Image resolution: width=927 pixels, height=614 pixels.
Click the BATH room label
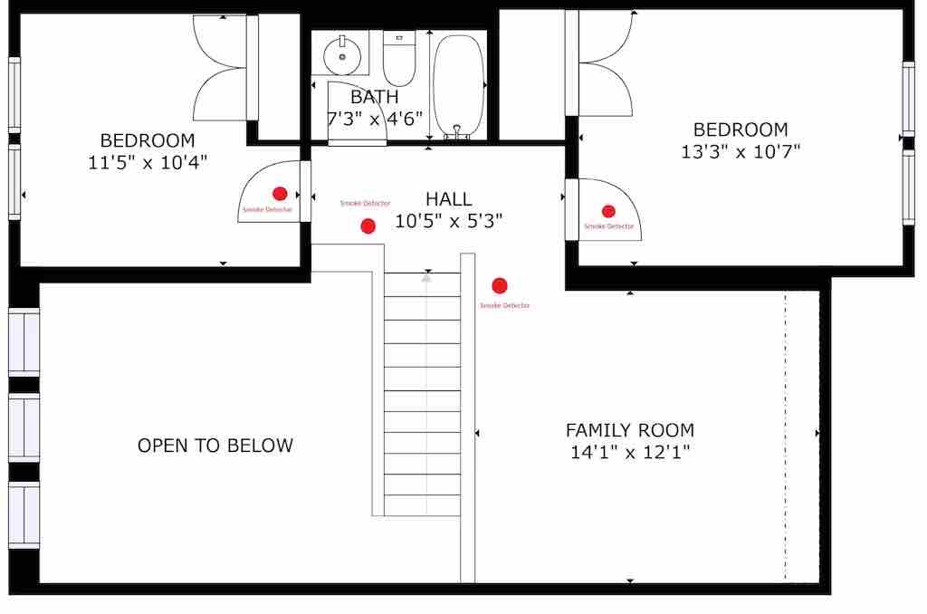(374, 97)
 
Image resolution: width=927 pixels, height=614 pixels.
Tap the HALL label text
(449, 198)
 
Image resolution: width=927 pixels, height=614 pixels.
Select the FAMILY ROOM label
(630, 430)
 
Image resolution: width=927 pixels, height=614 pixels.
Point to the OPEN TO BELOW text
(215, 446)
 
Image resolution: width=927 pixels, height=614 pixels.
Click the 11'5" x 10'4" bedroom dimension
(148, 162)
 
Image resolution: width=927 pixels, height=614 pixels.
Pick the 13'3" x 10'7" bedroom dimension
(741, 151)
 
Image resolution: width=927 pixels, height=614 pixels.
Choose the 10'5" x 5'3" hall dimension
(448, 221)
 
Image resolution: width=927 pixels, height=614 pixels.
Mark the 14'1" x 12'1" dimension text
(630, 453)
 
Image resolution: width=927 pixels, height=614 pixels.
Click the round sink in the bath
(341, 55)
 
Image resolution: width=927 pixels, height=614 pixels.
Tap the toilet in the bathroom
(399, 58)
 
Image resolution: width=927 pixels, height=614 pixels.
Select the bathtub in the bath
(458, 87)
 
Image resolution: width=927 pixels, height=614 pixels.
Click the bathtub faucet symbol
(456, 132)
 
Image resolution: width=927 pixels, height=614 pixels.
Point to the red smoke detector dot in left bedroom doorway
(280, 194)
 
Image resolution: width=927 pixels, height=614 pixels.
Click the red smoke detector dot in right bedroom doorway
(608, 211)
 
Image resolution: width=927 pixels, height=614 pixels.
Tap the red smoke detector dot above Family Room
(500, 285)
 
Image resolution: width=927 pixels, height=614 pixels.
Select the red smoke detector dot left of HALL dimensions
(368, 226)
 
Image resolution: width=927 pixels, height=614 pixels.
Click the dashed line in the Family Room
(785, 436)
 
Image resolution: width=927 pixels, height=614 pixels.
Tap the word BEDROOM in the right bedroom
(741, 130)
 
